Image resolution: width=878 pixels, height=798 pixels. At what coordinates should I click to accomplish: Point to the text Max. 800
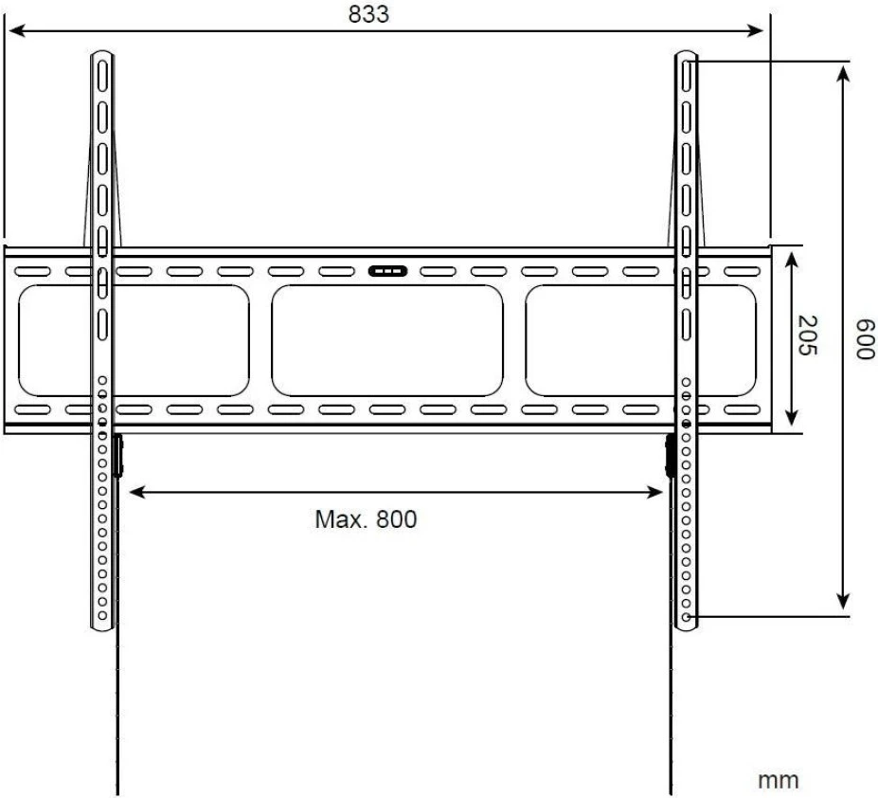pos(366,519)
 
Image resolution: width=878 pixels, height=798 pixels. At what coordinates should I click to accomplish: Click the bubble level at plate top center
pos(388,271)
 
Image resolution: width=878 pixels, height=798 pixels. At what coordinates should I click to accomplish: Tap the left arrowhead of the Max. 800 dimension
pos(134,492)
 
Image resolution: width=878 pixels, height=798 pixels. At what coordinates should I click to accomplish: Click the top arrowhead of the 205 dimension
pos(792,254)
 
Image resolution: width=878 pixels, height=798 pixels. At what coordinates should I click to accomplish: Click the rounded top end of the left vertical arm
pos(102,59)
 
